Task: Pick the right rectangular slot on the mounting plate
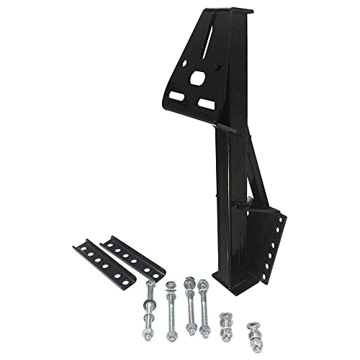point(207,104)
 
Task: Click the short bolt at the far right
point(256,330)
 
